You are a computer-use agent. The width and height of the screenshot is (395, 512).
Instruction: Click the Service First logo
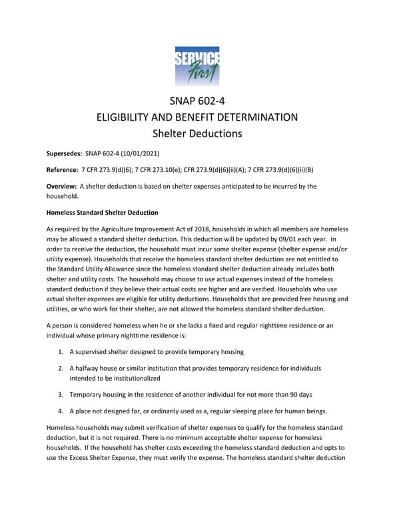[197, 65]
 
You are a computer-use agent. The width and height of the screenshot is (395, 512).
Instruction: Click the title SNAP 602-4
[197, 101]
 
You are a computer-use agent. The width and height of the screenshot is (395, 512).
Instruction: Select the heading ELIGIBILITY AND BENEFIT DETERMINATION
[197, 117]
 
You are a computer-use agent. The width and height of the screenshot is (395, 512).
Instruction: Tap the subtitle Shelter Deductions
[197, 133]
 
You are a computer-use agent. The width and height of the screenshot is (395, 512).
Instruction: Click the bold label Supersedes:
[64, 153]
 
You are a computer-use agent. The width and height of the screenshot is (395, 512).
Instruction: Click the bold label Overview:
[61, 187]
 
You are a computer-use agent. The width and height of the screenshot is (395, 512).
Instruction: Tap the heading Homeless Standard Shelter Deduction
[102, 212]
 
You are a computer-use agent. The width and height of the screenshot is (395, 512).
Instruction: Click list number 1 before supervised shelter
[61, 351]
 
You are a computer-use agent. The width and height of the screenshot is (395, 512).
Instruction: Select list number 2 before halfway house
[61, 368]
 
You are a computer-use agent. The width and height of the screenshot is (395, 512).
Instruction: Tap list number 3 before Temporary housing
[61, 394]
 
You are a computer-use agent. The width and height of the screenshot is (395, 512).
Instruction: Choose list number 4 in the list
[61, 411]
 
